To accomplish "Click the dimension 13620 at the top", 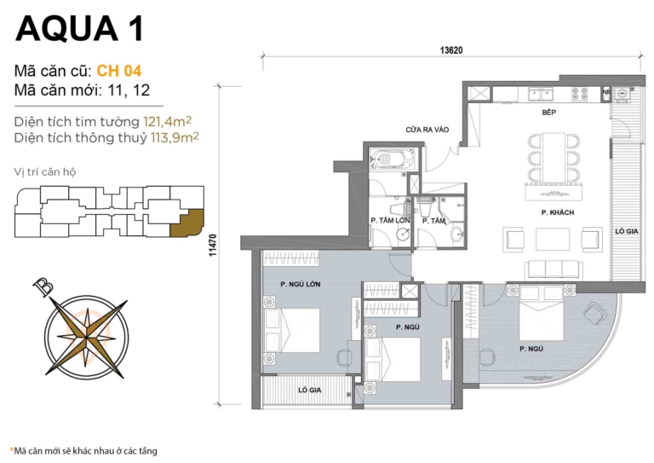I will coord(451,50).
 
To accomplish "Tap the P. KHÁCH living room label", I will coord(555,211).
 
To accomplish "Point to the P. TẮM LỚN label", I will coord(390,221).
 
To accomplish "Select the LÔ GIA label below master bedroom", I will coord(308,389).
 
